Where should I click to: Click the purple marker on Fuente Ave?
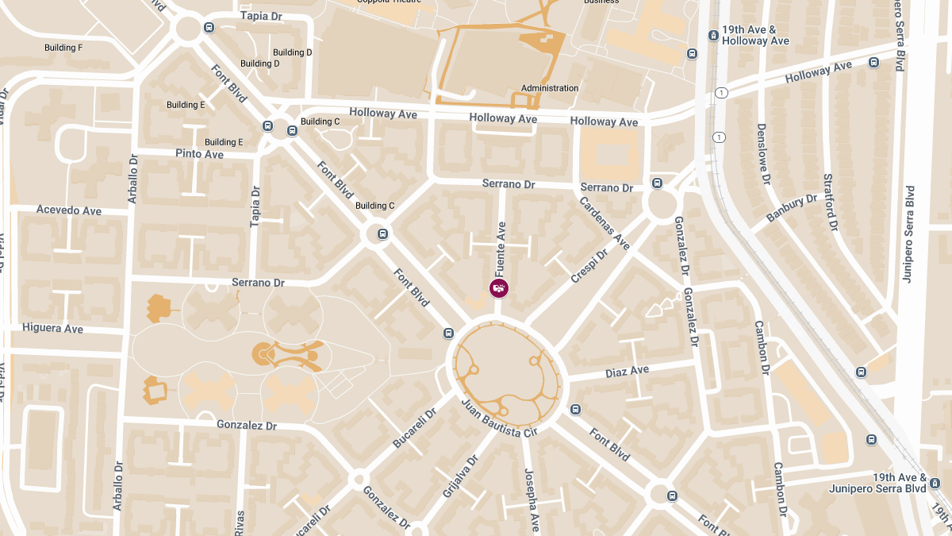tap(499, 288)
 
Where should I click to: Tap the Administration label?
tap(550, 88)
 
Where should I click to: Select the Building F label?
tap(63, 48)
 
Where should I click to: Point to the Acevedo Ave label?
tap(69, 210)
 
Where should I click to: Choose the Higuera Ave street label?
tap(52, 328)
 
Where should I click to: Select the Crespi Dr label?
tap(589, 266)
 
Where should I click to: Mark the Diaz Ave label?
tap(627, 371)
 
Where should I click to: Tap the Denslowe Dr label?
tap(763, 155)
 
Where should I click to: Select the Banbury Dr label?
tap(791, 208)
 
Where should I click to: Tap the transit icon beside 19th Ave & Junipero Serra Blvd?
tap(935, 483)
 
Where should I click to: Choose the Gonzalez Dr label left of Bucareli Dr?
tap(246, 426)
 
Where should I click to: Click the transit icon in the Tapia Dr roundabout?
tap(209, 29)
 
